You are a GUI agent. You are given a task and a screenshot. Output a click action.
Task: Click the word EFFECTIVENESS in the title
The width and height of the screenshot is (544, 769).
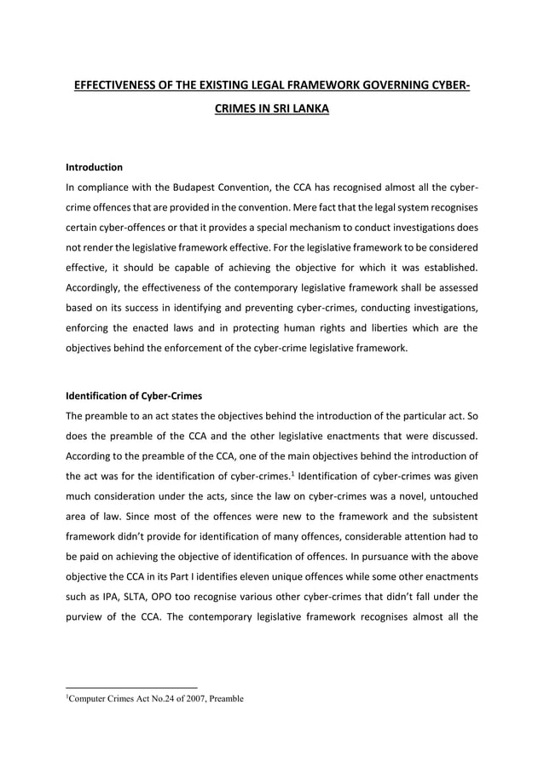click(109, 85)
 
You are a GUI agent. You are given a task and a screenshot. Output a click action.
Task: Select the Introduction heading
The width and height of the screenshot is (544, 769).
click(94, 167)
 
